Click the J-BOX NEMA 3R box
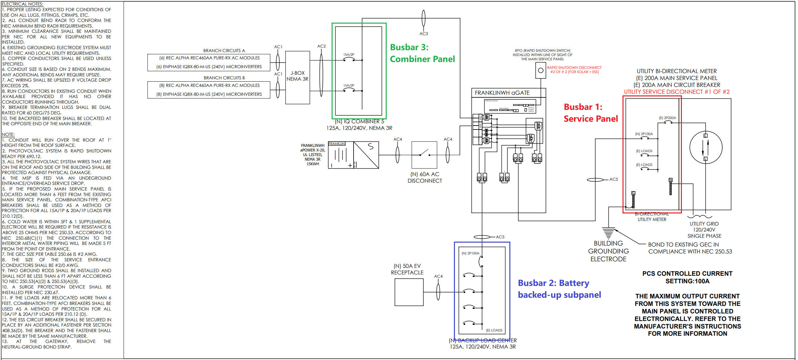click(297, 77)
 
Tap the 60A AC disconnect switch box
click(424, 155)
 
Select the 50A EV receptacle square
click(409, 292)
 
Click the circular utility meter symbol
click(706, 147)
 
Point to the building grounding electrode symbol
click(608, 232)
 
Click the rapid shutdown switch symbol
click(541, 70)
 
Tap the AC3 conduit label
click(423, 34)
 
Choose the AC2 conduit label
click(321, 46)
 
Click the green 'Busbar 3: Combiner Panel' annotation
click(422, 53)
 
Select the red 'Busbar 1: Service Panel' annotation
click(590, 113)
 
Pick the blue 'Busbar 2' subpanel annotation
click(559, 289)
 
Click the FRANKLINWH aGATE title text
click(502, 93)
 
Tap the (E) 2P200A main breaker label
click(667, 118)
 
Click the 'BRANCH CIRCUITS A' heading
click(224, 50)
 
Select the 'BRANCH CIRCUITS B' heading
click(224, 78)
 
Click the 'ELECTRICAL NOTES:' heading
click(22, 4)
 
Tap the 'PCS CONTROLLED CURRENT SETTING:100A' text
click(687, 277)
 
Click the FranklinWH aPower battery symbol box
click(353, 155)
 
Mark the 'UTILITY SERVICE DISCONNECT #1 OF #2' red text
click(677, 92)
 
